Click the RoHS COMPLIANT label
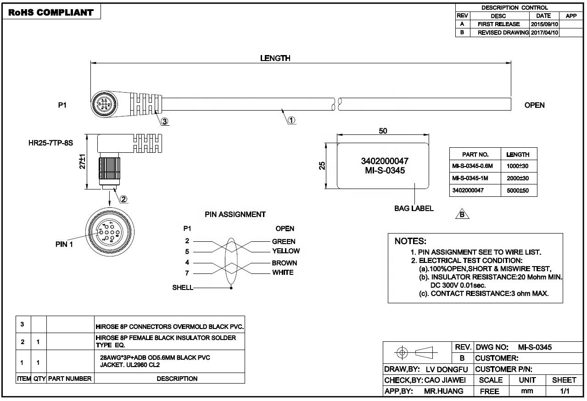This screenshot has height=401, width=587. [50, 12]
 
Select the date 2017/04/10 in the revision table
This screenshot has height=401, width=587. [544, 33]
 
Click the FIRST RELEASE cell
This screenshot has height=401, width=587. [498, 24]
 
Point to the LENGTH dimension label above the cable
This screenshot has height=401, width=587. [275, 58]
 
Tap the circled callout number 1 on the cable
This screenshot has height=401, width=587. [291, 120]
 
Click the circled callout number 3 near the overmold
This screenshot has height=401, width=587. [164, 122]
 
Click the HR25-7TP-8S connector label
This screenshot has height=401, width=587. [50, 143]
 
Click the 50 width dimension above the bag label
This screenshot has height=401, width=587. [383, 131]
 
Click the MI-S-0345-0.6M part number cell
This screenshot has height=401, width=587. [475, 166]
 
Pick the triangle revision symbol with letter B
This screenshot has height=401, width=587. [462, 214]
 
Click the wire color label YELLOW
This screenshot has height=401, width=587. [285, 251]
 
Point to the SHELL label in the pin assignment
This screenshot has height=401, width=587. [183, 288]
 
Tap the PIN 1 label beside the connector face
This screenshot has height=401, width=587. [64, 244]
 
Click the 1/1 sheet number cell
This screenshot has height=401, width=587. [564, 391]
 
